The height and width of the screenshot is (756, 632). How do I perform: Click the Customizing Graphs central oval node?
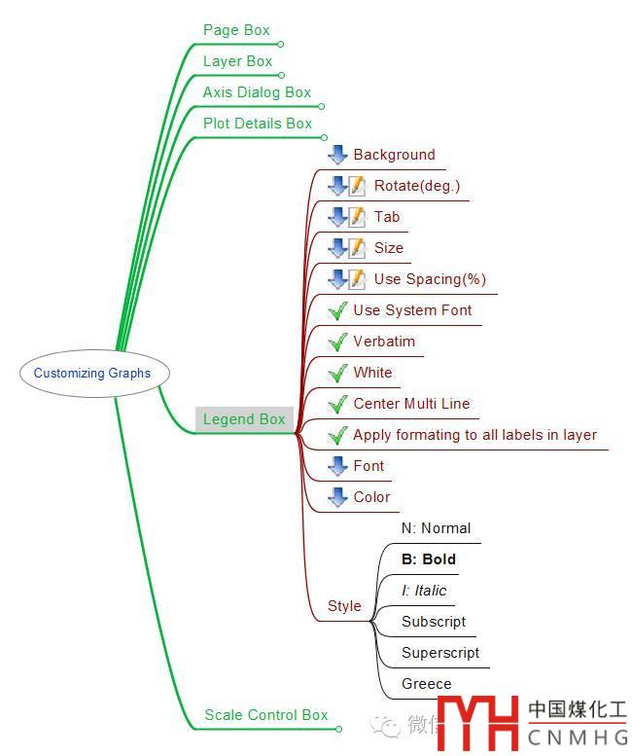92,373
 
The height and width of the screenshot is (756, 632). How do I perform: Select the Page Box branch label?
236,30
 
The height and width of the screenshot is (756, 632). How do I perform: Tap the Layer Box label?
237,61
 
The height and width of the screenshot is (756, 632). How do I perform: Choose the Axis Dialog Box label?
257,92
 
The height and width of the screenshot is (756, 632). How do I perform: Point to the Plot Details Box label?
258,124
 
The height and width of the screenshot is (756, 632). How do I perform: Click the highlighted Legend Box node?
244,419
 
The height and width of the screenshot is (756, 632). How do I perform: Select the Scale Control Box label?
265,715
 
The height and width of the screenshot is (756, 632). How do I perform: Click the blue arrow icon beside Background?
337,155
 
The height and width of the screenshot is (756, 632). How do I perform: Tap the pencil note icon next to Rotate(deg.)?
358,186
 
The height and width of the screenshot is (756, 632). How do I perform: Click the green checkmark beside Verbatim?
337,342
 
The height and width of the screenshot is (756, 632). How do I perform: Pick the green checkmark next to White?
337,373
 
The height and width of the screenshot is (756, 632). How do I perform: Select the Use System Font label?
412,310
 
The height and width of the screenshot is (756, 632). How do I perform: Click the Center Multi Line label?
411,404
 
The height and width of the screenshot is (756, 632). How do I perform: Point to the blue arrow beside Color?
337,497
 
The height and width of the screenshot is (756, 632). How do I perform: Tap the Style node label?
344,606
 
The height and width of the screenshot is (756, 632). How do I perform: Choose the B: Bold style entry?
429,559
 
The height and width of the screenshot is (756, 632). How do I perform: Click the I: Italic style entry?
424,591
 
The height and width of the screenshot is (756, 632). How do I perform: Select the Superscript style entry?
440,653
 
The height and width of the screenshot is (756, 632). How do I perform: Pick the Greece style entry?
427,684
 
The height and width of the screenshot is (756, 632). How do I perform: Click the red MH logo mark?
478,724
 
